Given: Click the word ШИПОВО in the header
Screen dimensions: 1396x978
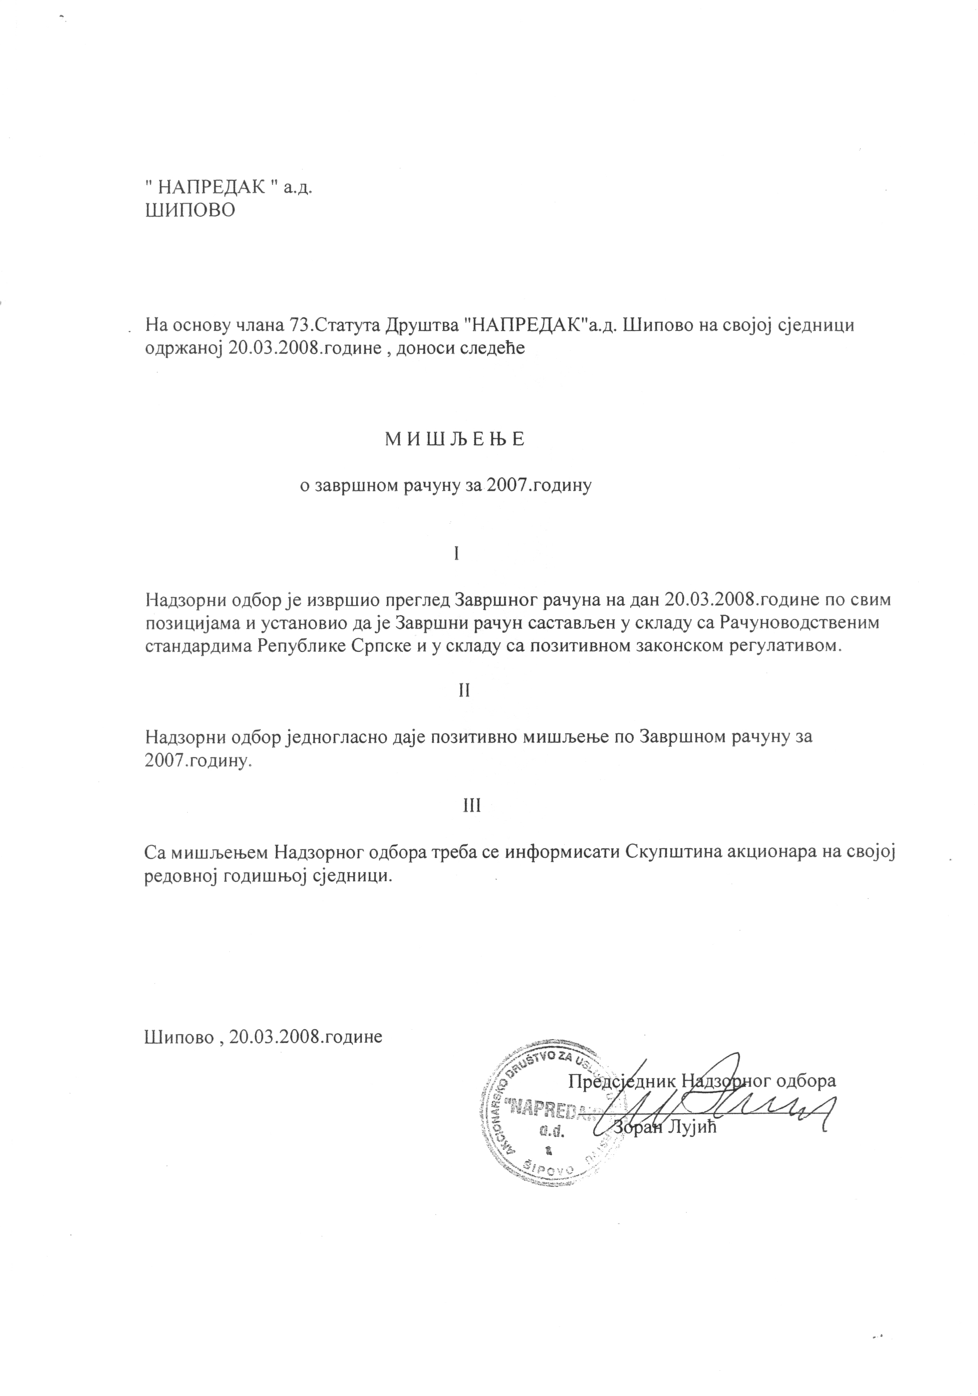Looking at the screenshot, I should (190, 211).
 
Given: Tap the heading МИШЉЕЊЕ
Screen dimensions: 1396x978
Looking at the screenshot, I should (454, 439).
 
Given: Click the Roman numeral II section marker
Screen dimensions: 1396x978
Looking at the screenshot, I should (464, 691).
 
